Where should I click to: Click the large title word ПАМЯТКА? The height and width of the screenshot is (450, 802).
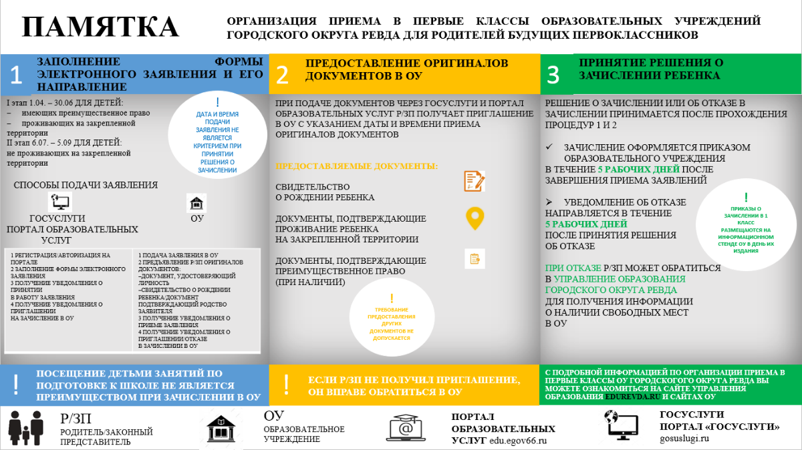tap(100, 27)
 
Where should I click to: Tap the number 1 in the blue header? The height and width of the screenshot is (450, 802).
tap(16, 75)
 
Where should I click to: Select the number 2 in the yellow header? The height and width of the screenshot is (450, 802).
tap(283, 75)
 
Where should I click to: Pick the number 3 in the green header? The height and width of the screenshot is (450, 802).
tap(553, 75)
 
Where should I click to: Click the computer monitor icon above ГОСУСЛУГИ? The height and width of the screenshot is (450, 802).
tap(59, 202)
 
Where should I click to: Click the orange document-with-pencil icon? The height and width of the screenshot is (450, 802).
tap(475, 182)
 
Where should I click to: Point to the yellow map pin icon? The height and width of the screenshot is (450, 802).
tap(475, 219)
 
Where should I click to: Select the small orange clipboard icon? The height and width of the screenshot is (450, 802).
tap(475, 258)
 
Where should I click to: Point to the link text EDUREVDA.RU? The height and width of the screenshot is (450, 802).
tap(632, 397)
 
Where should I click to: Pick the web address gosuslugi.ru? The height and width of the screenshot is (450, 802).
tap(684, 439)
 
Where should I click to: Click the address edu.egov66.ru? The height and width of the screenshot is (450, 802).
tap(519, 440)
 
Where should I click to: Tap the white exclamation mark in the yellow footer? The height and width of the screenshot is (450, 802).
tap(286, 384)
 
